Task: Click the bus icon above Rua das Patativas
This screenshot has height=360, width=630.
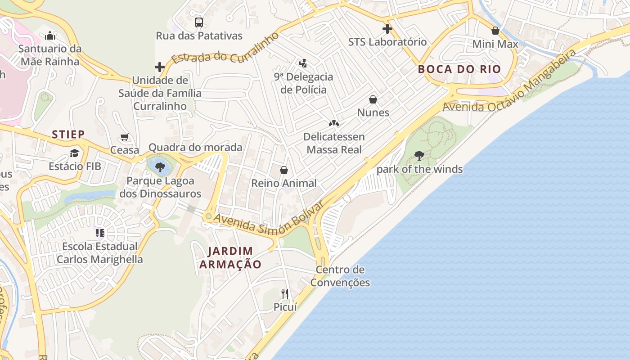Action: [198, 22]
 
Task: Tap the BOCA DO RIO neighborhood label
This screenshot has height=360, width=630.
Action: [459, 69]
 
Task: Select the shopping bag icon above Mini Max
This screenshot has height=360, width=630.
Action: [495, 31]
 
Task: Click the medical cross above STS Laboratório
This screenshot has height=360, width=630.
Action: [387, 29]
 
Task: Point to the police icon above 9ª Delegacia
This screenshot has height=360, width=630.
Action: [303, 63]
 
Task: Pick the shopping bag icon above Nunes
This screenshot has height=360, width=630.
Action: [373, 99]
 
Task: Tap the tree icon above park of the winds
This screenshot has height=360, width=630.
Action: [419, 156]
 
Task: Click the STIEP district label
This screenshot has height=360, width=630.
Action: [68, 134]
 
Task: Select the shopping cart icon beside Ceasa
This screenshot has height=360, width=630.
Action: [125, 137]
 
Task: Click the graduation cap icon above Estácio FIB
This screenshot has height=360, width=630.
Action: [74, 153]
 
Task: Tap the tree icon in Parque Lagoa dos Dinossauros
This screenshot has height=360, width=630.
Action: [160, 167]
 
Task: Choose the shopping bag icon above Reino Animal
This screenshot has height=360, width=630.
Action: [284, 170]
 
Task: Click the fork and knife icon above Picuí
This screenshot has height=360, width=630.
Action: [285, 294]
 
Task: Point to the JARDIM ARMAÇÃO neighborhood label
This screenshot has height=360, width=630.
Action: [230, 258]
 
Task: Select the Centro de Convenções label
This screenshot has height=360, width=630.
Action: [340, 276]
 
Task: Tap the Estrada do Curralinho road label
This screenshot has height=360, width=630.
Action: [225, 49]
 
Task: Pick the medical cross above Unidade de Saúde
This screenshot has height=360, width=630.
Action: [160, 67]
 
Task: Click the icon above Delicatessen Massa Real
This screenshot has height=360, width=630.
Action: [333, 123]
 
